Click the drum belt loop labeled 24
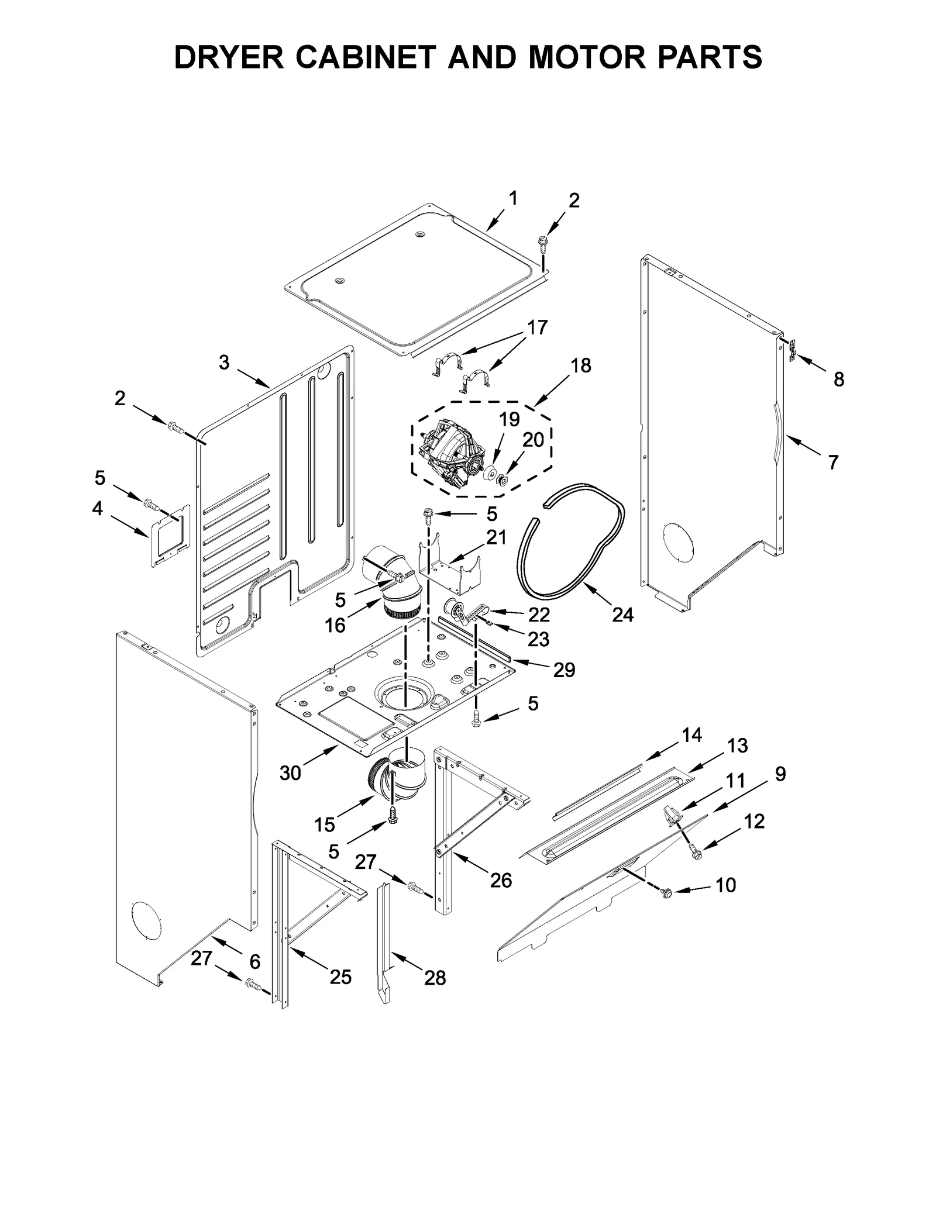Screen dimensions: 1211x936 point(570,541)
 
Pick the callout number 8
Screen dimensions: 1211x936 point(838,379)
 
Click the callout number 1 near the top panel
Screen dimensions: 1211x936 point(512,199)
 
